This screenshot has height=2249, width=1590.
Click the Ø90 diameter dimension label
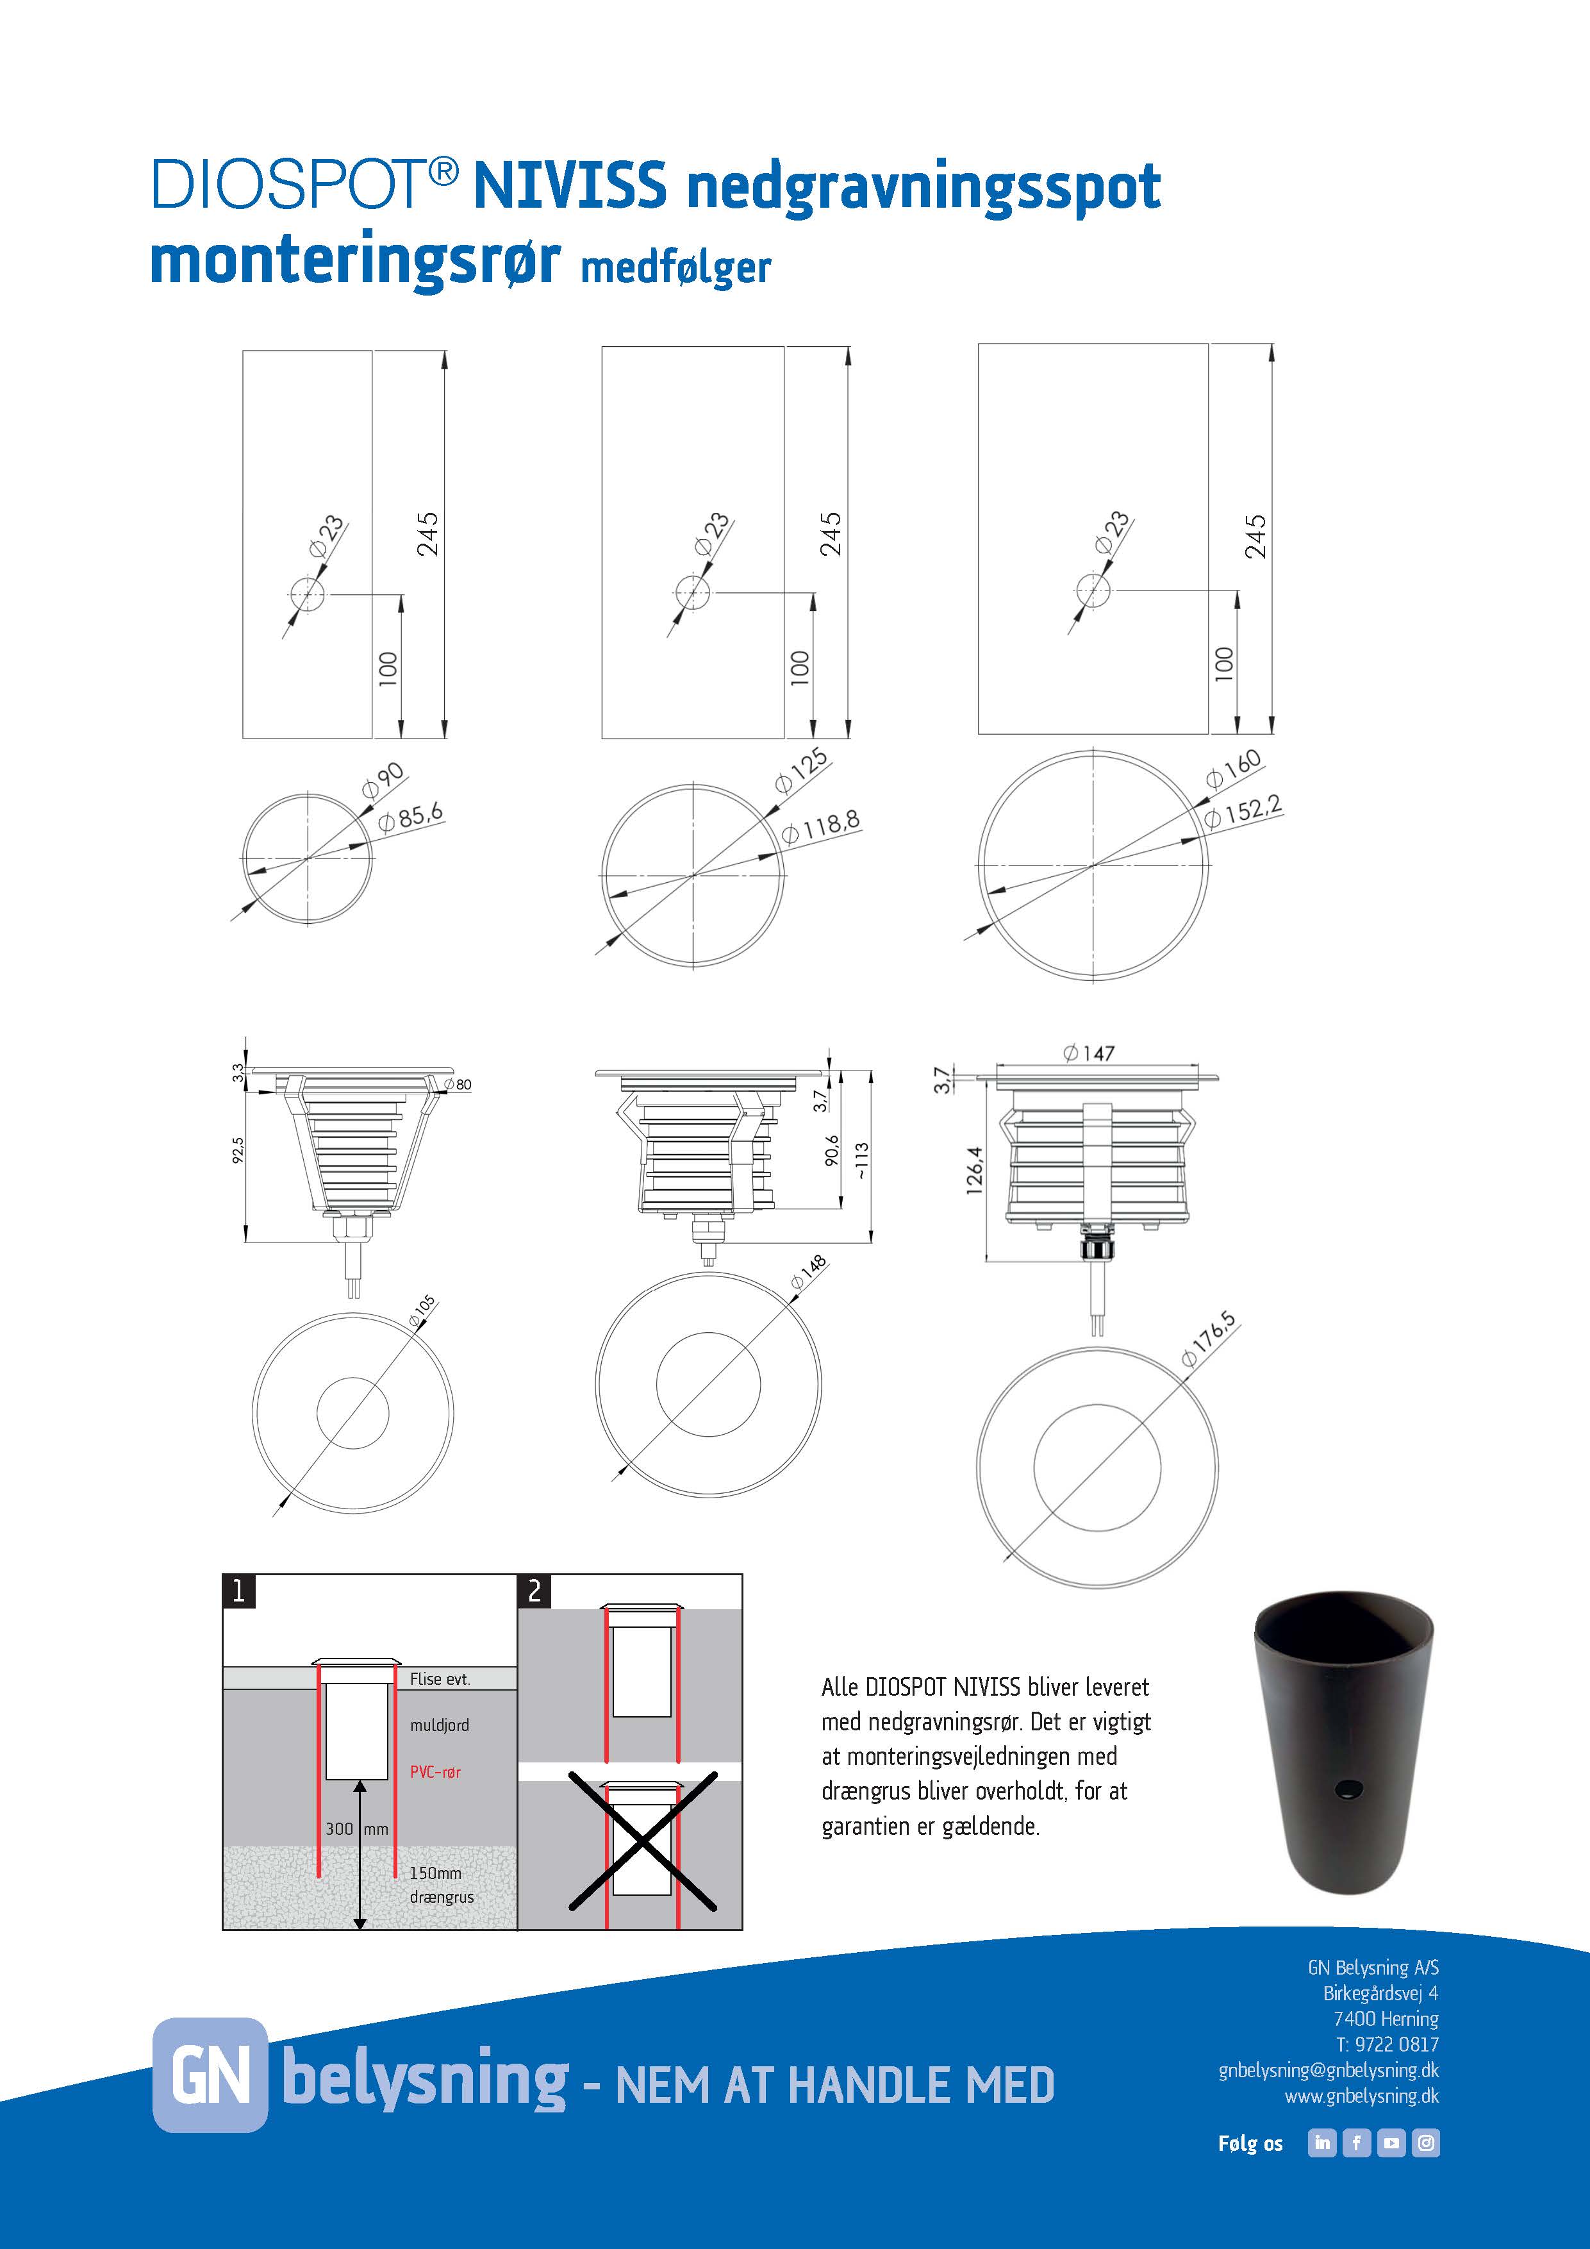click(383, 779)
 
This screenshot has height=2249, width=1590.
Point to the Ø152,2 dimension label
click(1243, 812)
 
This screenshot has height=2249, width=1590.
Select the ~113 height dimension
click(861, 1161)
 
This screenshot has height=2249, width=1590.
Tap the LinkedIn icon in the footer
click(1321, 2143)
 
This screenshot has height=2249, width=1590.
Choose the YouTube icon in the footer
click(1391, 2143)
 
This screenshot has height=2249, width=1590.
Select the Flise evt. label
click(440, 1679)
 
